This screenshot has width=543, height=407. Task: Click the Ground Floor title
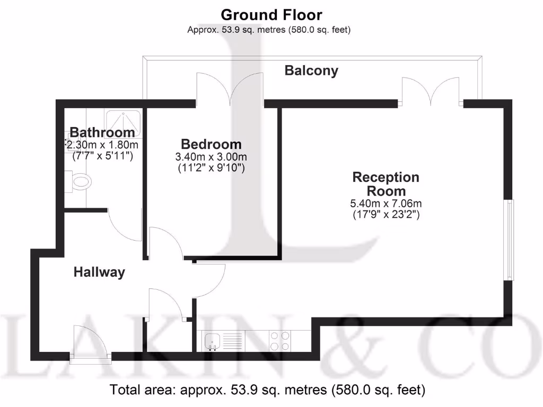click(x=271, y=14)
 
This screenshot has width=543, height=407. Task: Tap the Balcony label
click(x=311, y=70)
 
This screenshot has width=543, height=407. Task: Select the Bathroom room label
click(x=102, y=132)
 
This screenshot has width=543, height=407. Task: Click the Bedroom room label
click(x=211, y=144)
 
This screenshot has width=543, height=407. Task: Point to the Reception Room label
click(x=386, y=184)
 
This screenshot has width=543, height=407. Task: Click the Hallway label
click(x=99, y=272)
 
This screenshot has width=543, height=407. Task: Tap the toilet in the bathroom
click(x=79, y=182)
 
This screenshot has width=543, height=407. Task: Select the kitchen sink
click(x=214, y=341)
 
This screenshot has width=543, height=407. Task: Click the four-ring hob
click(x=280, y=341)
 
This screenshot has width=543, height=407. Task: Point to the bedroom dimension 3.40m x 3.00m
click(x=211, y=157)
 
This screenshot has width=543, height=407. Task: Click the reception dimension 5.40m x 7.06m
click(x=386, y=203)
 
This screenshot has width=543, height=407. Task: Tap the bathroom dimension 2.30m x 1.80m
click(x=102, y=144)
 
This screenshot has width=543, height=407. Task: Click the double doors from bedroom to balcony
click(x=230, y=89)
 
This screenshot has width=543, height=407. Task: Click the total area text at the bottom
click(x=267, y=391)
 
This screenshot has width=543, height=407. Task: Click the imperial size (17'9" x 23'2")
click(x=386, y=215)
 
